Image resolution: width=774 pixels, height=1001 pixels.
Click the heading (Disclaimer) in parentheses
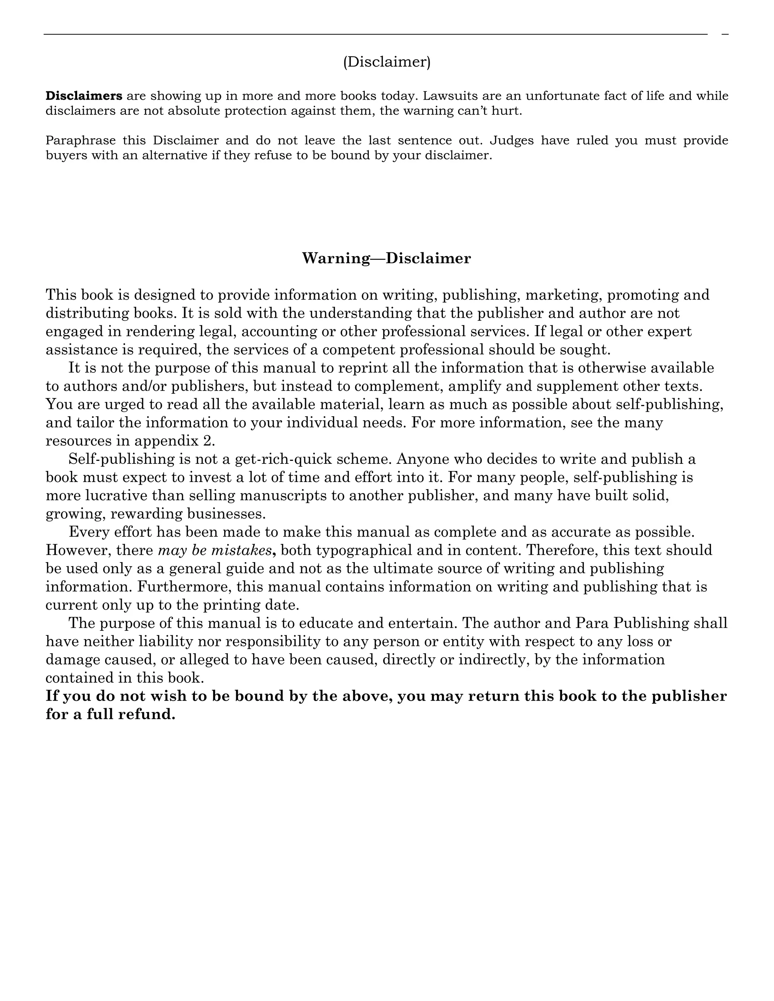pyautogui.click(x=387, y=62)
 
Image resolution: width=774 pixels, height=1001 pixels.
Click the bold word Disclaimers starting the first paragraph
pyautogui.click(x=84, y=96)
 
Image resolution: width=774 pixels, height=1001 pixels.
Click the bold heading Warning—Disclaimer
pyautogui.click(x=387, y=258)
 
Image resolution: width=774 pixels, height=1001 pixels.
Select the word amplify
pyautogui.click(x=475, y=386)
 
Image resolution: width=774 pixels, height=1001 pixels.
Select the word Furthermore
pyautogui.click(x=184, y=587)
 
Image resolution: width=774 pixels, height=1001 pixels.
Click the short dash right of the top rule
pyautogui.click(x=725, y=34)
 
